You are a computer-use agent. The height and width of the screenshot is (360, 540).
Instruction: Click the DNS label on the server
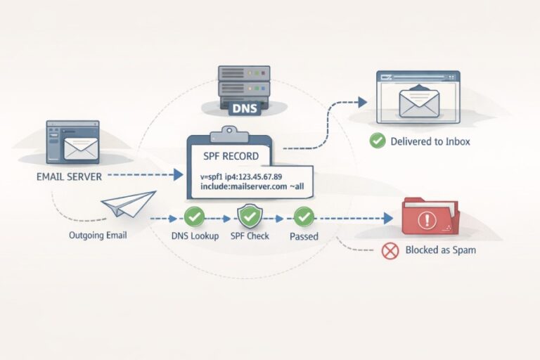pyautogui.click(x=244, y=109)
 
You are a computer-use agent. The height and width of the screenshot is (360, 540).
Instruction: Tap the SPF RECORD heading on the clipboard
pyautogui.click(x=231, y=156)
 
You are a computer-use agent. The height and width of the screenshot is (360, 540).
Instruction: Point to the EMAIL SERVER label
pyautogui.click(x=69, y=176)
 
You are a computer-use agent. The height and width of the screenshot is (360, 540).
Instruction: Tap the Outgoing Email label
pyautogui.click(x=98, y=235)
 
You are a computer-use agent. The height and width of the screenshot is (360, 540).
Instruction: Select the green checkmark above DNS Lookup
pyautogui.click(x=193, y=217)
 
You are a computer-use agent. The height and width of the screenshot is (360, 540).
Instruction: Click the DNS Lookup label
pyautogui.click(x=194, y=236)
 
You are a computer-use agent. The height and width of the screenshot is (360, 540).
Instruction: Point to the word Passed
pyautogui.click(x=304, y=237)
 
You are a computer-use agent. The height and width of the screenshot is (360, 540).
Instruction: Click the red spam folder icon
pyautogui.click(x=428, y=219)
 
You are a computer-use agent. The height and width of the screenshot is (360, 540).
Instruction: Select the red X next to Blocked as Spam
pyautogui.click(x=390, y=250)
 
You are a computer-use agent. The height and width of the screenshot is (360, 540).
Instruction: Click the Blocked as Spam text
pyautogui.click(x=440, y=250)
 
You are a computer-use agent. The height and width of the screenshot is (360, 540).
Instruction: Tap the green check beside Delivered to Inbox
pyautogui.click(x=378, y=141)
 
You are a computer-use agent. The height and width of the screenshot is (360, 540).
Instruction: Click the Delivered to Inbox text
pyautogui.click(x=430, y=141)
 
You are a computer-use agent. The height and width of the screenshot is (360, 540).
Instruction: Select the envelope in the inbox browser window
pyautogui.click(x=418, y=102)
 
